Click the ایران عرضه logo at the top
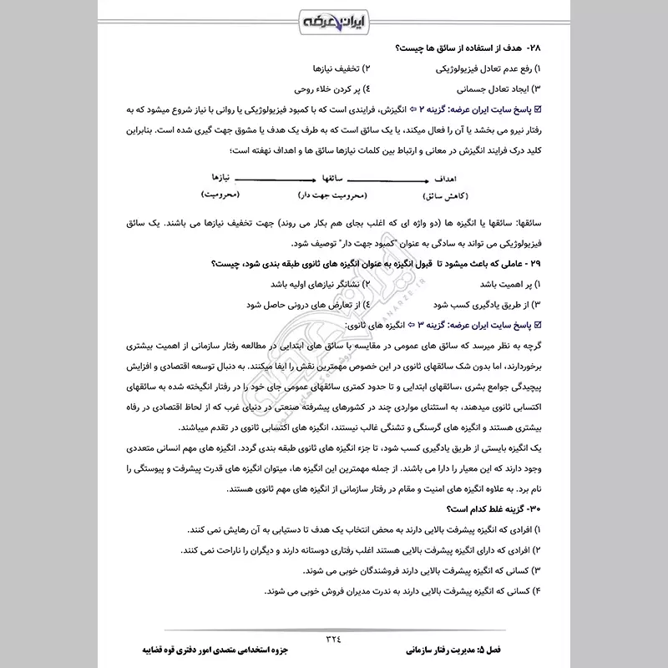pos(333,20)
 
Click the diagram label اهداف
pos(445,179)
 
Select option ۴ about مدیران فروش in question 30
pos(408,591)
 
